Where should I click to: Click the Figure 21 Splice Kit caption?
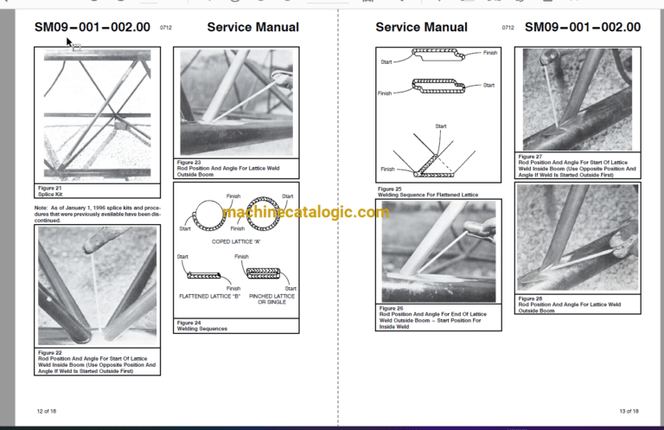pyautogui.click(x=51, y=190)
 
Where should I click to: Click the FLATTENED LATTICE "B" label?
pyautogui.click(x=204, y=296)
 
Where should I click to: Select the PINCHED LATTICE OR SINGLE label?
pyautogui.click(x=271, y=299)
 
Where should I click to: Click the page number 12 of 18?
pyautogui.click(x=48, y=411)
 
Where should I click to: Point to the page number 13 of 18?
pyautogui.click(x=629, y=411)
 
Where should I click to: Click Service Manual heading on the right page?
pyautogui.click(x=422, y=28)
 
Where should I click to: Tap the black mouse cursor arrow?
pyautogui.click(x=70, y=41)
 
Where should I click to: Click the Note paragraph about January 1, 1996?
pyautogui.click(x=97, y=214)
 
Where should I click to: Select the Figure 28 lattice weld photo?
pyautogui.click(x=578, y=238)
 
